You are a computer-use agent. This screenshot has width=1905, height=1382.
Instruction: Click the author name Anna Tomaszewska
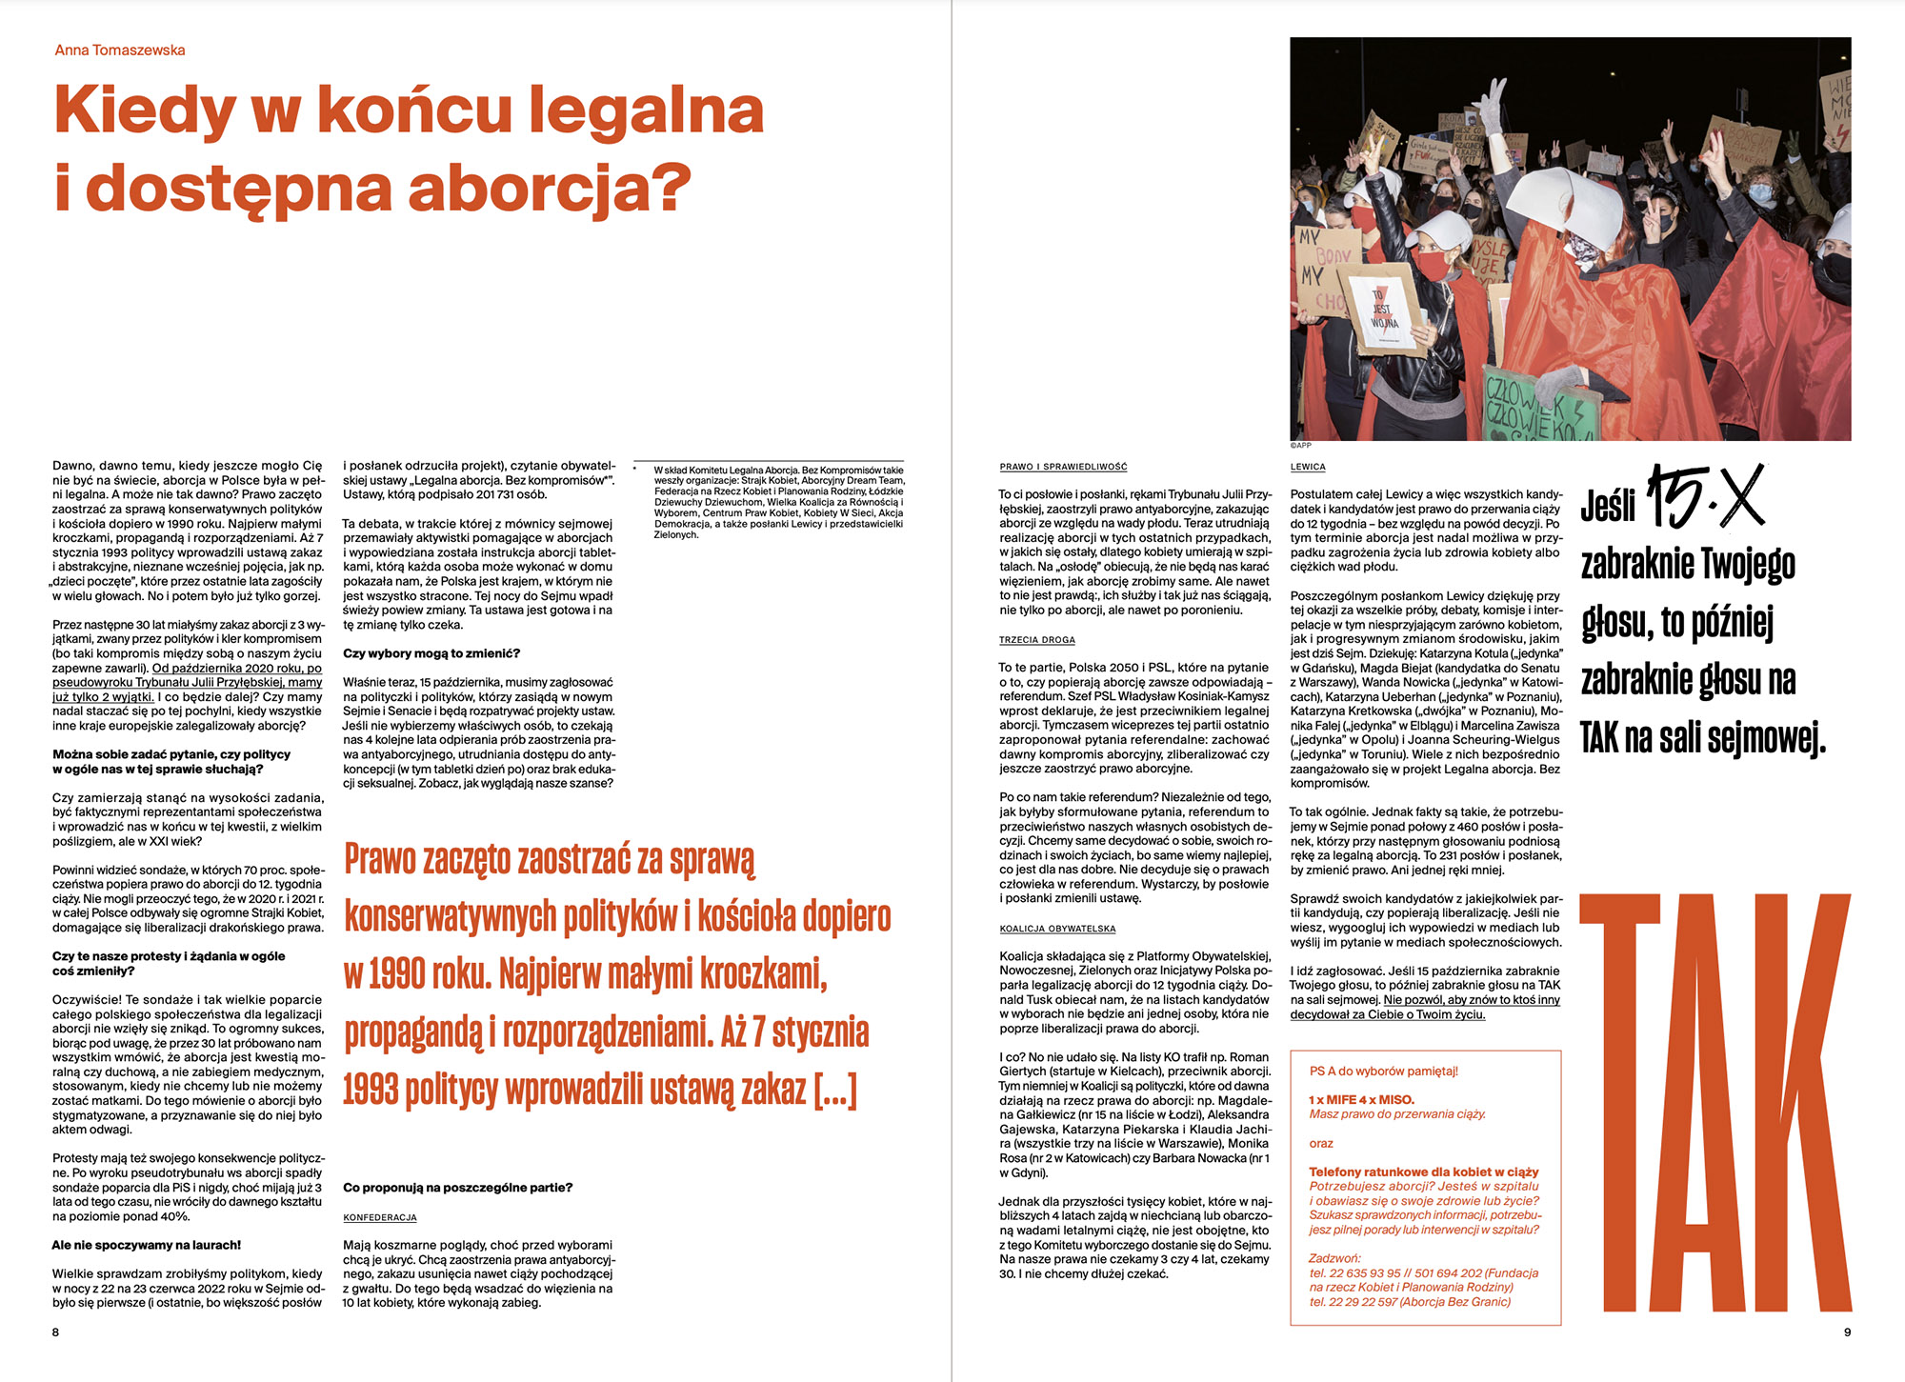point(120,50)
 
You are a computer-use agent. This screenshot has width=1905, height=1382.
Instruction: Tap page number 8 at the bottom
point(55,1332)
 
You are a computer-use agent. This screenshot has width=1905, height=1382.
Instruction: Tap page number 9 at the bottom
point(1847,1332)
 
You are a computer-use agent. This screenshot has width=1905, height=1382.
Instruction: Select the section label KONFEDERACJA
point(380,1217)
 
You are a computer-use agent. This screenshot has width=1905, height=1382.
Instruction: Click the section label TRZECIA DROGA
point(1036,640)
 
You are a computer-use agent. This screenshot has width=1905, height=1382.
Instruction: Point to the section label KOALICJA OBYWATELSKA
point(1057,929)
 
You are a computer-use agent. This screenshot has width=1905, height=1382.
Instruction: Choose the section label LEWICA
point(1308,467)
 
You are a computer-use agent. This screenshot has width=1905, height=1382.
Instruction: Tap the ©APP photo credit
point(1300,446)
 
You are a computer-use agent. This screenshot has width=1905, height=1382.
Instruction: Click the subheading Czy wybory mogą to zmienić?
point(431,653)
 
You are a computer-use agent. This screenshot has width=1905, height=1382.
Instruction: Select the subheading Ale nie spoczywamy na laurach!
point(147,1245)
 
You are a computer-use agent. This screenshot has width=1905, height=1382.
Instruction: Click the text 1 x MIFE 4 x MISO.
point(1361,1099)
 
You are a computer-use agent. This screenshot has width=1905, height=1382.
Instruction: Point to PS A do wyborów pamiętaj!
point(1383,1071)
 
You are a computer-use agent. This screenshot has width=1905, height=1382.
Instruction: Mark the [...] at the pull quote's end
point(835,1090)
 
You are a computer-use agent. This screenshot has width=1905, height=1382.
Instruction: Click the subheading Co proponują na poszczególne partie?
point(457,1188)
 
